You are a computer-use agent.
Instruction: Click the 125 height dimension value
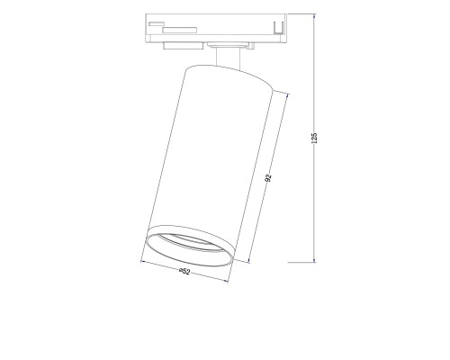tap(316, 136)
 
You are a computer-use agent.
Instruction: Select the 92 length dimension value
tap(268, 178)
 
